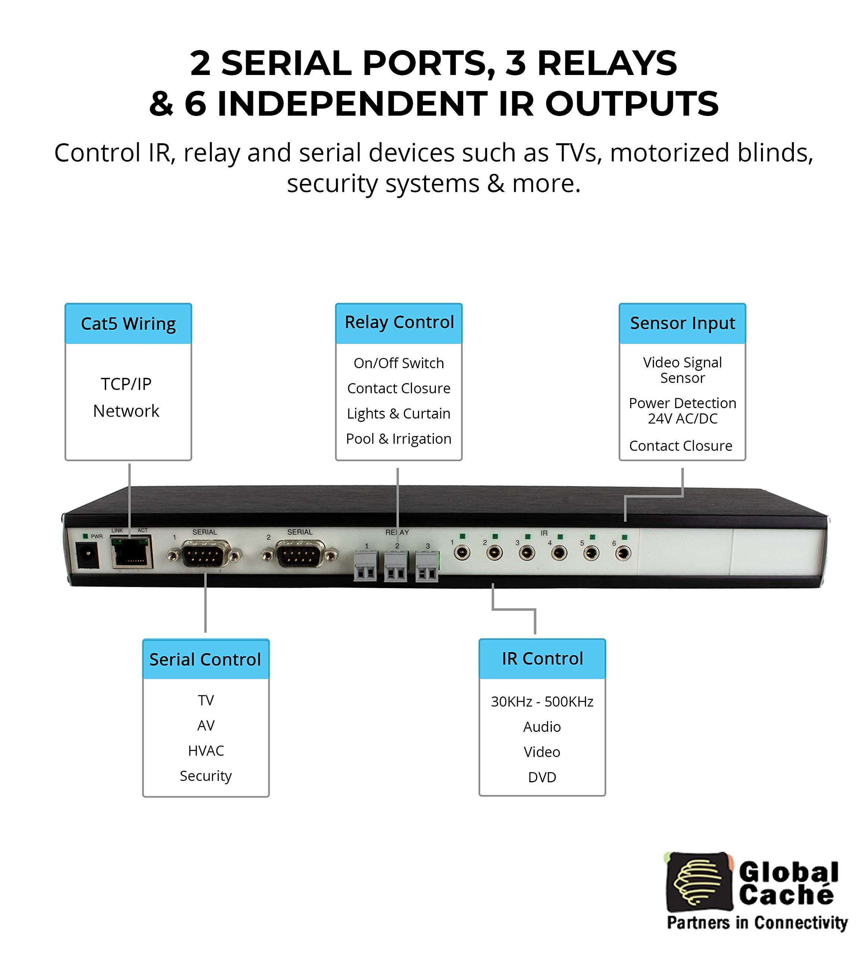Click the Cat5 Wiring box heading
pyautogui.click(x=128, y=324)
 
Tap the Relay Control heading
pyautogui.click(x=399, y=323)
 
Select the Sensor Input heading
pyautogui.click(x=682, y=323)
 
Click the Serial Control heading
pyautogui.click(x=205, y=660)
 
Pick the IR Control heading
pyautogui.click(x=542, y=658)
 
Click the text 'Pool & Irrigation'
pyautogui.click(x=398, y=439)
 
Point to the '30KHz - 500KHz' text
pyautogui.click(x=542, y=702)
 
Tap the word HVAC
pyautogui.click(x=205, y=751)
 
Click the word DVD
pyautogui.click(x=542, y=777)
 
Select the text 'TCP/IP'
pyautogui.click(x=126, y=384)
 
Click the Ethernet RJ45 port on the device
pyautogui.click(x=132, y=553)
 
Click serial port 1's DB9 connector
pyautogui.click(x=205, y=554)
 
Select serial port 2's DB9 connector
pyautogui.click(x=300, y=554)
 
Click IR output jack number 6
pyautogui.click(x=623, y=553)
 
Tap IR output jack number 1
pyautogui.click(x=462, y=552)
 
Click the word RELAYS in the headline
pyautogui.click(x=607, y=63)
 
